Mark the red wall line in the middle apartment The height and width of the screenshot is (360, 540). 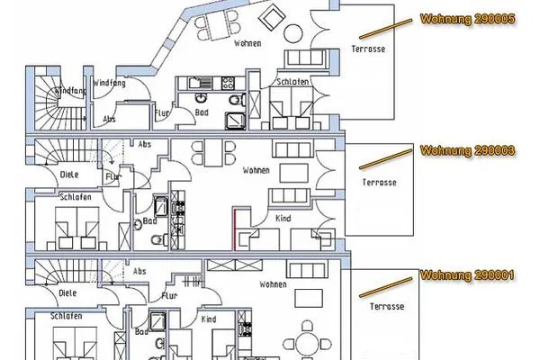click(234, 227)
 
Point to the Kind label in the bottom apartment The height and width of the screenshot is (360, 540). click(209, 319)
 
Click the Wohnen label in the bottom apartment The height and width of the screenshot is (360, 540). click(273, 283)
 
